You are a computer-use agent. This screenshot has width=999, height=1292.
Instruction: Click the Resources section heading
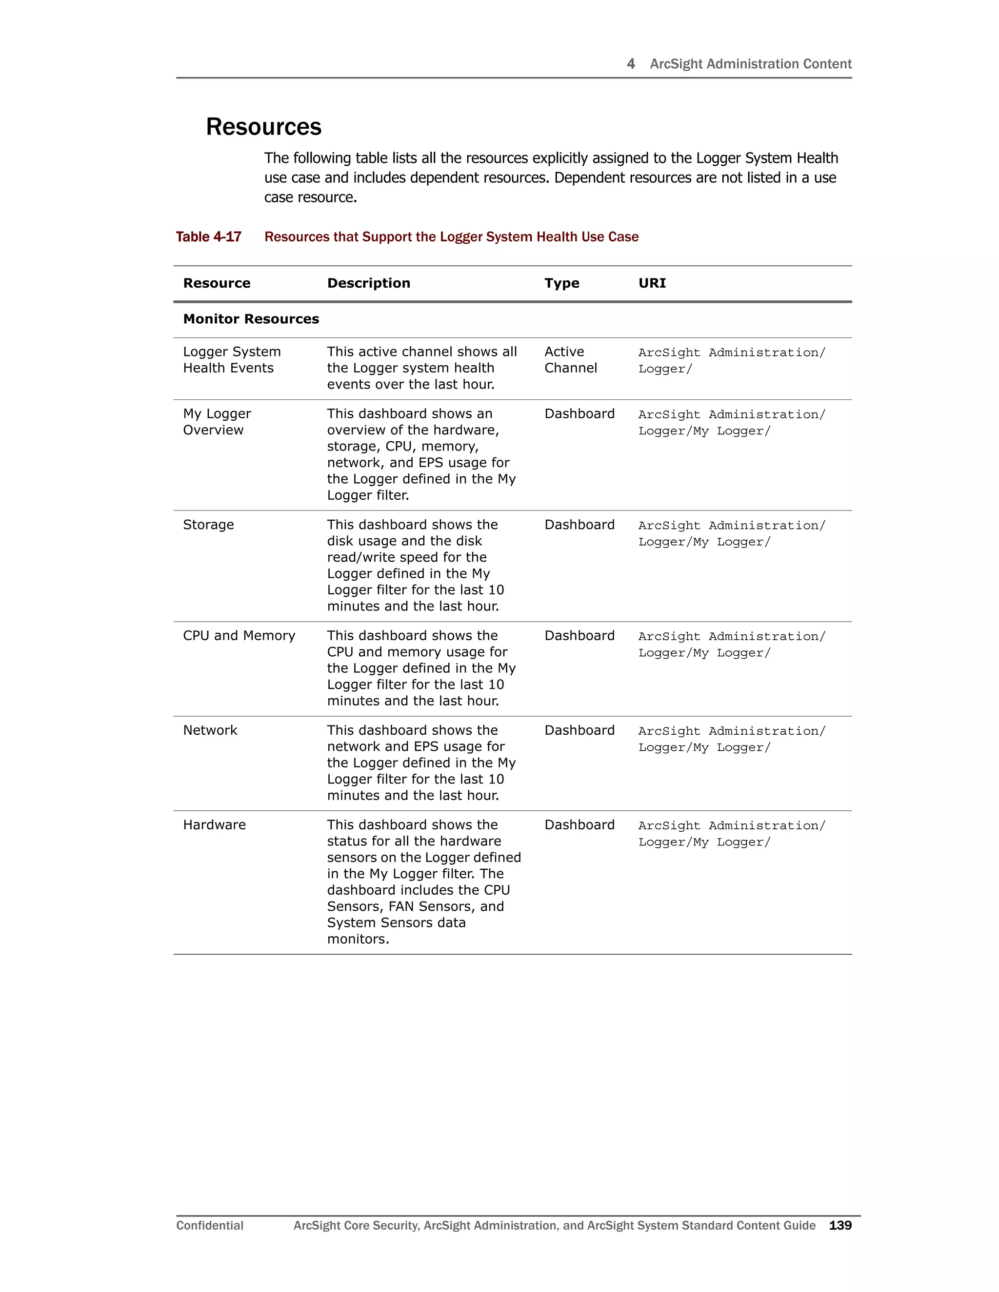click(x=263, y=127)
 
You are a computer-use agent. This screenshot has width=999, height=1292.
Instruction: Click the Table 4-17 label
click(x=208, y=237)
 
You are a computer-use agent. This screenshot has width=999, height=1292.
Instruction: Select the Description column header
click(x=368, y=283)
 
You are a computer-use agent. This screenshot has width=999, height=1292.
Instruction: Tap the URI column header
click(x=652, y=283)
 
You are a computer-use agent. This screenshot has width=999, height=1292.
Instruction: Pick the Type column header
click(x=561, y=283)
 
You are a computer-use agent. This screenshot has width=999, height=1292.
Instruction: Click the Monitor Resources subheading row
click(x=251, y=319)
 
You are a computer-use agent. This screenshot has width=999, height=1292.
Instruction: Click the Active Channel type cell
click(x=570, y=360)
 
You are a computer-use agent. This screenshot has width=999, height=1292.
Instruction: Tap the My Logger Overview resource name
click(x=217, y=422)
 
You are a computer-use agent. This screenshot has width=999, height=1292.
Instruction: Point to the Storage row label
click(x=208, y=525)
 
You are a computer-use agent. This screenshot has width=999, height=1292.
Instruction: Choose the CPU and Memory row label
click(x=239, y=636)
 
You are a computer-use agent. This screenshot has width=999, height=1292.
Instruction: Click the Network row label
click(x=209, y=731)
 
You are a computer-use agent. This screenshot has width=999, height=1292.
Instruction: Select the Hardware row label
click(x=214, y=825)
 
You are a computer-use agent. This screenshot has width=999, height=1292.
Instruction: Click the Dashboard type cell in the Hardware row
click(x=579, y=825)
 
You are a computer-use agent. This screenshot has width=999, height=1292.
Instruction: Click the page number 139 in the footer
click(x=840, y=1225)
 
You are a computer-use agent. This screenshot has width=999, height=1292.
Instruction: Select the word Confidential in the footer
click(x=209, y=1225)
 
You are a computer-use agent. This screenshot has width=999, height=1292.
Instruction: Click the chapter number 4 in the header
click(x=630, y=64)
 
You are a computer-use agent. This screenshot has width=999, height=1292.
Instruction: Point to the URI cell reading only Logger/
click(x=665, y=369)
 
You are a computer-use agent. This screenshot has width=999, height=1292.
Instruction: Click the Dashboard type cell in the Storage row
click(x=579, y=525)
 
